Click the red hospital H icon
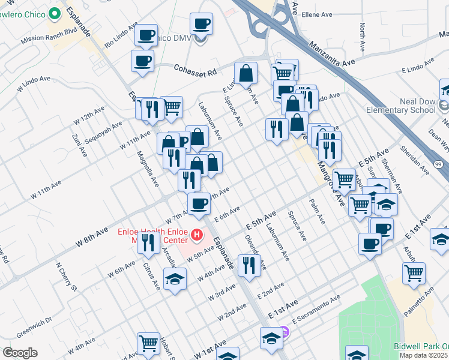196,233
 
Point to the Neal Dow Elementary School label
400,106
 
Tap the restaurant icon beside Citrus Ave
146,242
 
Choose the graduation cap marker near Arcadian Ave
175,280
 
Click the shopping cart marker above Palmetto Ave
414,273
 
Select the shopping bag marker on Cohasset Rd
246,73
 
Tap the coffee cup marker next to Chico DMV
201,25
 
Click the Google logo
20,353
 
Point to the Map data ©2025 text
424,355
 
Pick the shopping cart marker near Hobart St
148,344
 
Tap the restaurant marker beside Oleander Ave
249,265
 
